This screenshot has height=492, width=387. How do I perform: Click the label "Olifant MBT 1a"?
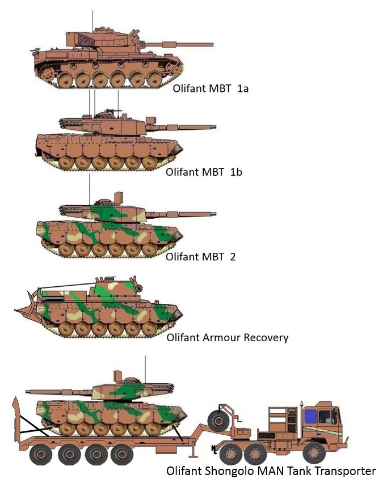(x=211, y=88)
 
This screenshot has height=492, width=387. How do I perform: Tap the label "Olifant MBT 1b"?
(x=204, y=172)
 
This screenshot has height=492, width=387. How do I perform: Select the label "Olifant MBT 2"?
(x=200, y=257)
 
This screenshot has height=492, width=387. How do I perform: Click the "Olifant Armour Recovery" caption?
(x=228, y=338)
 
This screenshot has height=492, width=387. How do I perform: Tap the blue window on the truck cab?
(x=310, y=416)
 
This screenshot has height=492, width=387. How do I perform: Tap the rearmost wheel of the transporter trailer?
(x=40, y=454)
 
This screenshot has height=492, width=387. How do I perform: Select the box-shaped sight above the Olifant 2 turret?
(x=119, y=198)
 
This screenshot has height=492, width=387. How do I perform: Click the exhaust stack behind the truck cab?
(x=302, y=417)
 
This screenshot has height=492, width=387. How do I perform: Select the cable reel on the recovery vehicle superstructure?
(x=139, y=288)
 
